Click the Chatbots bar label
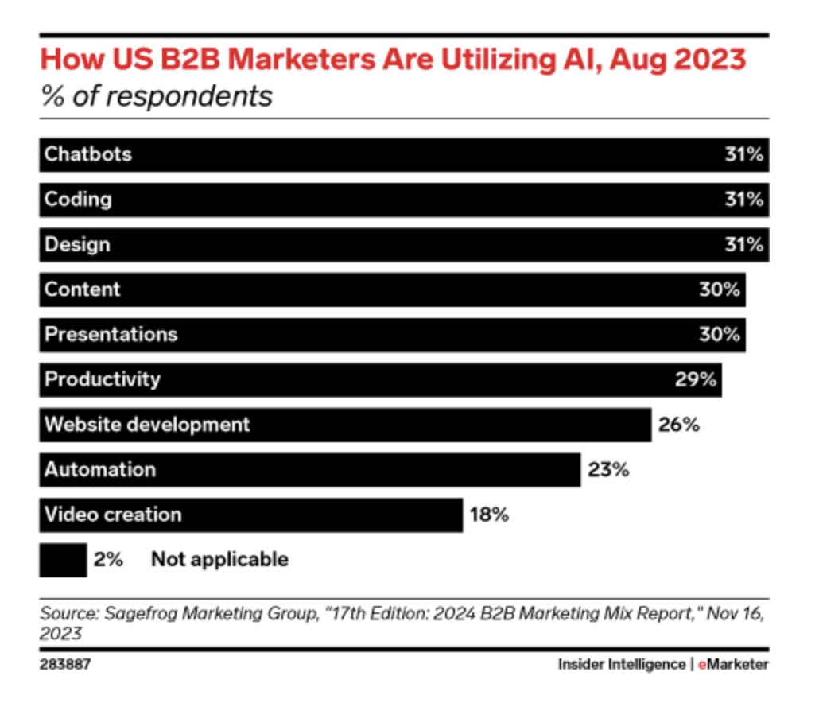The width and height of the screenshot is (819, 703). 88,154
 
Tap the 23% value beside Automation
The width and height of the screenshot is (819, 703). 608,470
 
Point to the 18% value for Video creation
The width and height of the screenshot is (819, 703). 487,515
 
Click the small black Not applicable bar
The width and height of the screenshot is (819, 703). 63,560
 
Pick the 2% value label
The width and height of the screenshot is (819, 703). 109,560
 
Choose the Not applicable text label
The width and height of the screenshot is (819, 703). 219,560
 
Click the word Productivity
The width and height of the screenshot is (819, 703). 102,379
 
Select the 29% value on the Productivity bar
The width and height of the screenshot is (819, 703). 696,379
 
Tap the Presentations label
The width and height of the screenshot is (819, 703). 111,334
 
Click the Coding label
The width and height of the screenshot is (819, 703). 78,199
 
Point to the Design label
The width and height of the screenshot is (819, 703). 77,244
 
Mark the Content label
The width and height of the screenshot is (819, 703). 82,289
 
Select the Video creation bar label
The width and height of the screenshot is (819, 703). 113,515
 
